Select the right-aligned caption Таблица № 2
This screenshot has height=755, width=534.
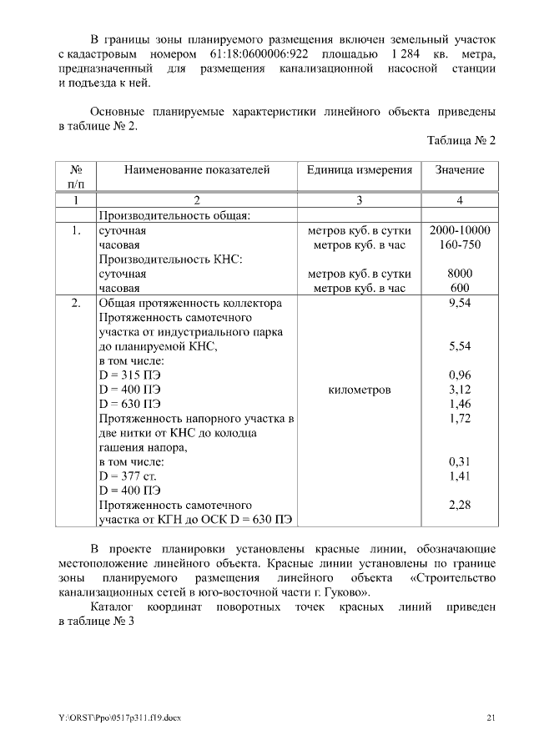tap(461, 140)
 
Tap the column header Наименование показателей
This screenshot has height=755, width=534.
tap(197, 169)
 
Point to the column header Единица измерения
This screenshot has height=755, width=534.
tap(359, 169)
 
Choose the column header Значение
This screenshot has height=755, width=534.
tap(459, 169)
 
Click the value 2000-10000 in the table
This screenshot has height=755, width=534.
tap(459, 230)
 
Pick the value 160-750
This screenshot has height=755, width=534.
tap(459, 245)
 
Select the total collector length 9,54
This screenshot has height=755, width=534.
tap(459, 303)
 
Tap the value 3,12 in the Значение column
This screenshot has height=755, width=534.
tap(459, 389)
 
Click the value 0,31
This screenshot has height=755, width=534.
tap(459, 461)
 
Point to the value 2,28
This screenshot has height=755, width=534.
tap(459, 505)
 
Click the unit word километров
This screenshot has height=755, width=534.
tap(359, 390)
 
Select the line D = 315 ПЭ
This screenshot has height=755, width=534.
tap(129, 375)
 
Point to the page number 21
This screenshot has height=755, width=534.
tap(491, 718)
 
